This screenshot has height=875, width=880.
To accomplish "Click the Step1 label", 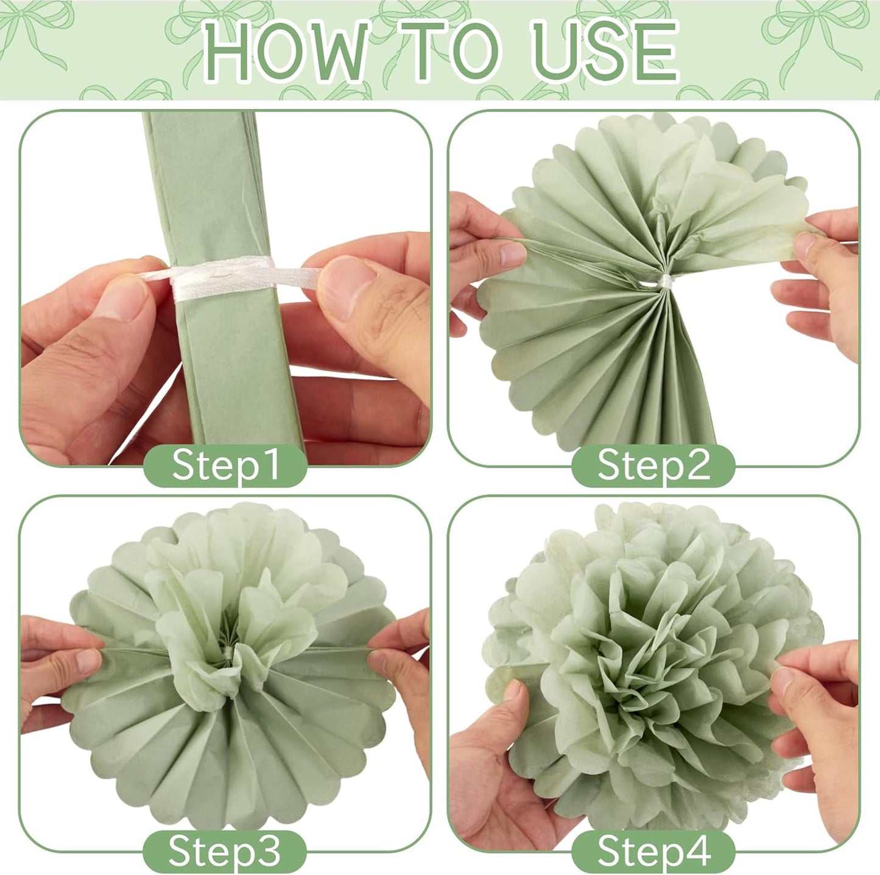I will coord(225,465).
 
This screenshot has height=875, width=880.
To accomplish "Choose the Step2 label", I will coord(653,465).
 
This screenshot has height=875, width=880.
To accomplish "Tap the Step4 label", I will coord(653,851).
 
